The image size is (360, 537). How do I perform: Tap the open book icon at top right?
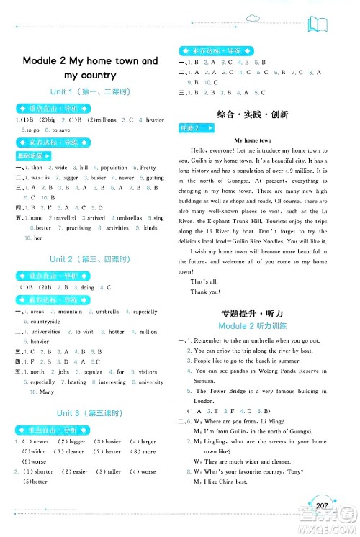(x=318, y=27)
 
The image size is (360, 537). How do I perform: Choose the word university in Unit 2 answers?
(x=150, y=382)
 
